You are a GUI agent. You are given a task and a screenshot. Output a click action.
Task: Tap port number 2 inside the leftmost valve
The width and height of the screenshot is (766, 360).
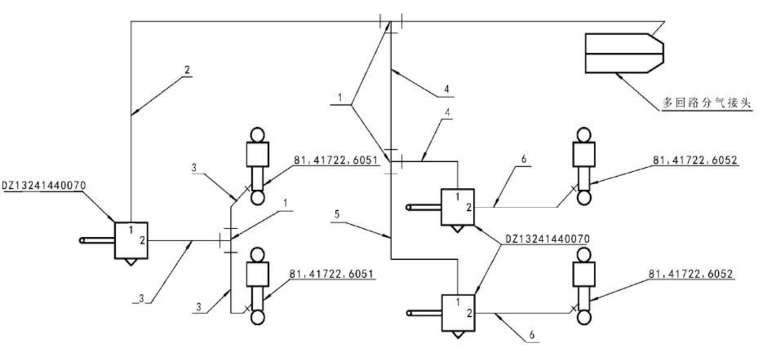point(141,240)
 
